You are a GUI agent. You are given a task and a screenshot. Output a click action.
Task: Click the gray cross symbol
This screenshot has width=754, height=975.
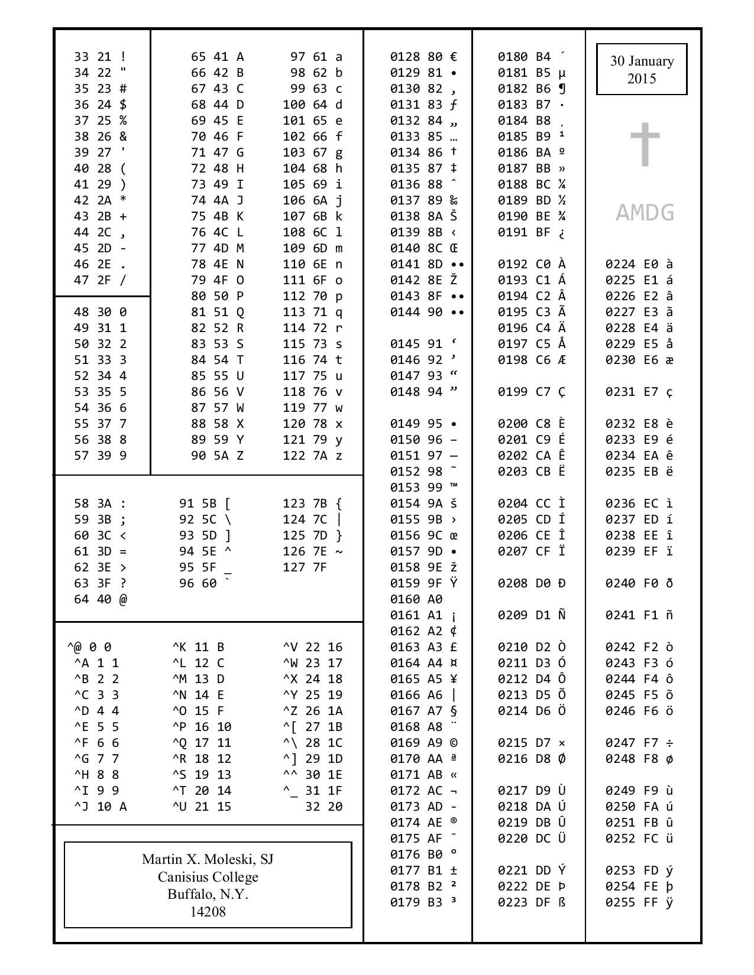click(644, 145)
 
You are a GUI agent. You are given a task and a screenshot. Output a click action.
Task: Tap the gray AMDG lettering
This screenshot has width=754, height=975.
click(645, 213)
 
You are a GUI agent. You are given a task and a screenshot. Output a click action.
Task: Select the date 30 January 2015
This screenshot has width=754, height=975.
click(642, 69)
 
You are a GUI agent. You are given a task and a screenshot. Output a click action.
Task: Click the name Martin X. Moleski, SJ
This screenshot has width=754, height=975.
click(208, 859)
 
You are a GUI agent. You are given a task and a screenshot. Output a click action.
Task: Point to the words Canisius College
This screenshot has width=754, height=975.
click(208, 877)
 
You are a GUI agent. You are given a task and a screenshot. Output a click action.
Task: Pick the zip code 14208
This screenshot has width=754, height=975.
click(208, 912)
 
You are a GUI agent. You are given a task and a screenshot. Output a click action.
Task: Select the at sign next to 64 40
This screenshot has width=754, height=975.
click(123, 600)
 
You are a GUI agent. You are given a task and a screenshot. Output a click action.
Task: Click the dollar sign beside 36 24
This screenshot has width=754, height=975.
click(123, 105)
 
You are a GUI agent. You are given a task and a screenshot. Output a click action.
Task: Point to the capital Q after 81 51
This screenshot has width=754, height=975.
click(240, 313)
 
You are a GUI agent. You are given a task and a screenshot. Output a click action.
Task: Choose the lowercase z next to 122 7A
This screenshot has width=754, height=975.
click(339, 456)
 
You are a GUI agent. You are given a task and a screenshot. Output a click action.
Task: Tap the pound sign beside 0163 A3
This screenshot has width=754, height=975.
click(454, 648)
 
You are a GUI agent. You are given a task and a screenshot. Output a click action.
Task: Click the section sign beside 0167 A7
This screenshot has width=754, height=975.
click(454, 711)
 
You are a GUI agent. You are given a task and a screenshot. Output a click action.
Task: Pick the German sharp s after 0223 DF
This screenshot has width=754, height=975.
click(561, 903)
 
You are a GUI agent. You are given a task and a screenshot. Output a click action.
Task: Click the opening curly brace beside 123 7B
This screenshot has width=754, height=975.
click(339, 504)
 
